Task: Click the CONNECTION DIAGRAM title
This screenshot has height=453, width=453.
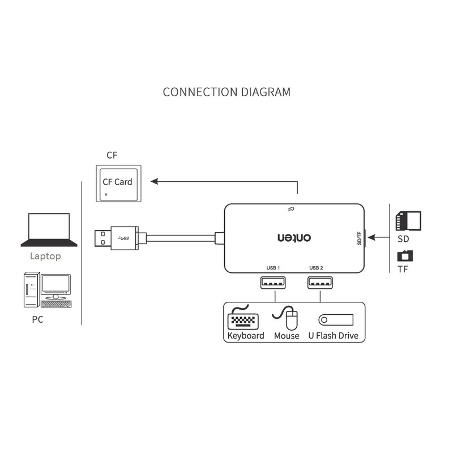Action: point(226,92)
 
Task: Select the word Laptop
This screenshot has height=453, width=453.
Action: point(45,256)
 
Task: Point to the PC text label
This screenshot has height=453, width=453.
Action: point(37,320)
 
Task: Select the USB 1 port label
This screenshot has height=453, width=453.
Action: point(273,267)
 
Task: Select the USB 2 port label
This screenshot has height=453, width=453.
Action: point(316,267)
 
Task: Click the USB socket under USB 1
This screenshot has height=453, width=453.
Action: point(273,282)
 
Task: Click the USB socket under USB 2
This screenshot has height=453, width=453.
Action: point(319,282)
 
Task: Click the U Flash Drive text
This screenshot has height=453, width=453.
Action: point(333,336)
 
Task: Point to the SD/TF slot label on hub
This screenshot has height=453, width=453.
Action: point(359,238)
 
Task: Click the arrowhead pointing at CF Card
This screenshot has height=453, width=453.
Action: point(154,182)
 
